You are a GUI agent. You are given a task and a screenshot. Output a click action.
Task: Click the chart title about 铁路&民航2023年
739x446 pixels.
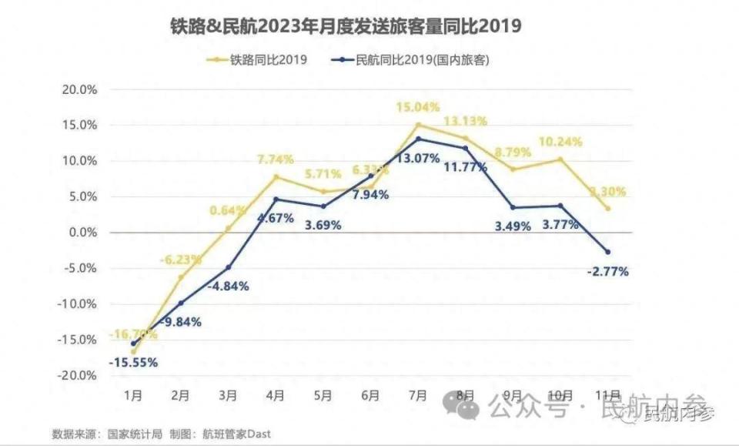click(346, 27)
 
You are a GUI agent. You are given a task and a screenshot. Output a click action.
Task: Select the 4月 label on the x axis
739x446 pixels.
click(276, 396)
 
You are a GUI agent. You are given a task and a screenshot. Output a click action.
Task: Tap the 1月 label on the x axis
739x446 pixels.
click(133, 396)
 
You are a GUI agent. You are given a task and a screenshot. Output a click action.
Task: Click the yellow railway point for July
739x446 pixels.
click(418, 125)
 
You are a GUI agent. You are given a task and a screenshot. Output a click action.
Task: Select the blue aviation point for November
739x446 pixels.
click(607, 252)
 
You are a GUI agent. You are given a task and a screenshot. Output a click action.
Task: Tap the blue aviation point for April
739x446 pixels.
click(276, 200)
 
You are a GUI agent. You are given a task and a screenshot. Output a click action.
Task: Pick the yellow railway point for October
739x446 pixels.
click(560, 159)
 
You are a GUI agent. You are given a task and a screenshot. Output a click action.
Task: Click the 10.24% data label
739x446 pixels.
click(560, 142)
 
